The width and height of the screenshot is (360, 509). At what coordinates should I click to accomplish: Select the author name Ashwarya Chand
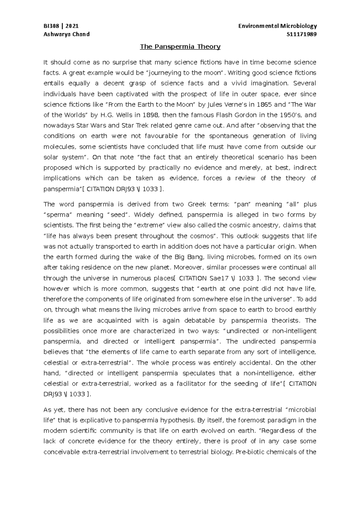click(x=67, y=34)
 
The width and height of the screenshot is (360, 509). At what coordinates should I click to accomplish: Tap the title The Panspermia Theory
click(x=180, y=47)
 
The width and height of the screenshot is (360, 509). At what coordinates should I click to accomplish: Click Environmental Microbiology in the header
click(x=277, y=26)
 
